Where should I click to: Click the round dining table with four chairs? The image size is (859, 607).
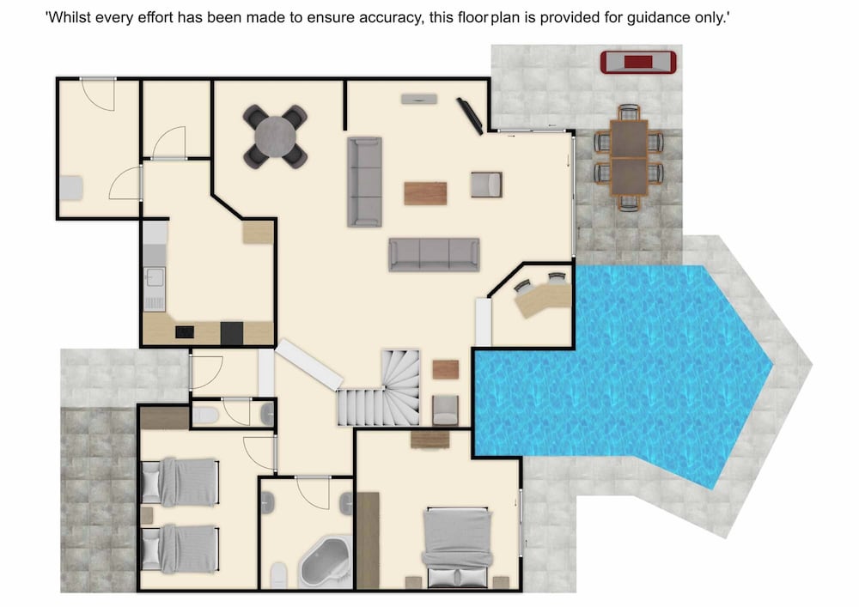pyautogui.click(x=275, y=137)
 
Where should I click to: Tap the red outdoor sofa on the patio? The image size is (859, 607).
pyautogui.click(x=638, y=62)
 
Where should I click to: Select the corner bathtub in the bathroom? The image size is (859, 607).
pyautogui.click(x=326, y=562)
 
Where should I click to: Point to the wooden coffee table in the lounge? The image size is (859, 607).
pyautogui.click(x=425, y=193)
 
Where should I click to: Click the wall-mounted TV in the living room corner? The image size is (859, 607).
pyautogui.click(x=470, y=116)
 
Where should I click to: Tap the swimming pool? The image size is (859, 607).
pyautogui.click(x=622, y=373)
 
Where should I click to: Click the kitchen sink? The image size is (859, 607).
pyautogui.click(x=154, y=277)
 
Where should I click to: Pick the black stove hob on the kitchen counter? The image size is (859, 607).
pyautogui.click(x=185, y=331)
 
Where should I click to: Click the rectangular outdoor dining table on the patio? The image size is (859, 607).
pyautogui.click(x=629, y=158)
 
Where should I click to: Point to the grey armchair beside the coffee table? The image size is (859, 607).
pyautogui.click(x=486, y=185)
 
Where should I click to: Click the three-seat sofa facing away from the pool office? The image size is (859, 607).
pyautogui.click(x=434, y=254)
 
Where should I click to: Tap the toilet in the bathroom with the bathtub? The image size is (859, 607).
pyautogui.click(x=278, y=574)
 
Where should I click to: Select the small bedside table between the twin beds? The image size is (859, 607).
pyautogui.click(x=146, y=516)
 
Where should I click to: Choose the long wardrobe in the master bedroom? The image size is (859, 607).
pyautogui.click(x=368, y=540)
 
